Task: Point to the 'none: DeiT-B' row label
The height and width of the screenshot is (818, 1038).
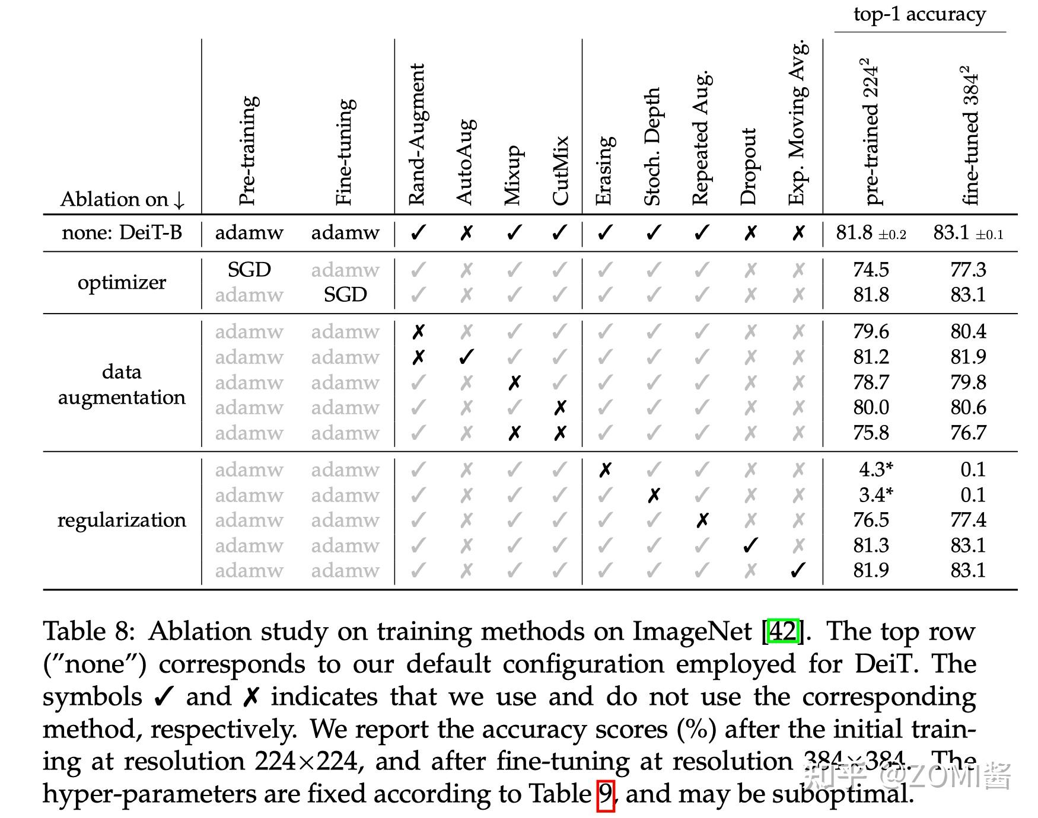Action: (x=122, y=232)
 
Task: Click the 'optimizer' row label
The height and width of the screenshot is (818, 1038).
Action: (x=122, y=282)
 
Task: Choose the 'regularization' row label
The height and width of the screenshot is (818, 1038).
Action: (x=122, y=520)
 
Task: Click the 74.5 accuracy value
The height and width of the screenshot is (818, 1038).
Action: (x=871, y=270)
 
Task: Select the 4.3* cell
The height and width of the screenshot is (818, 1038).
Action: (x=875, y=469)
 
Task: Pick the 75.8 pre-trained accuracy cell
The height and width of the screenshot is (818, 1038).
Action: (x=871, y=433)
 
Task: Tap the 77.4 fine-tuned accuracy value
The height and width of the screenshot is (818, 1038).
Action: (x=968, y=520)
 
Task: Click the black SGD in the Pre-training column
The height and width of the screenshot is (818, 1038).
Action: (x=249, y=270)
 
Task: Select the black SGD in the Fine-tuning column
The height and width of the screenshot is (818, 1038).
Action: (x=345, y=295)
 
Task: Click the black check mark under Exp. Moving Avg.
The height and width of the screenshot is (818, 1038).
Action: (x=798, y=570)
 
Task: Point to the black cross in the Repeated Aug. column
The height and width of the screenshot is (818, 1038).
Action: (x=702, y=520)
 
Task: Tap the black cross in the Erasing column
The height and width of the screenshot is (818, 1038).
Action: (x=604, y=470)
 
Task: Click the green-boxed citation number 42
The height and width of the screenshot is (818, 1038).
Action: (x=782, y=631)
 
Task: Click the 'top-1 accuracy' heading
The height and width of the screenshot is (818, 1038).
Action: (x=919, y=14)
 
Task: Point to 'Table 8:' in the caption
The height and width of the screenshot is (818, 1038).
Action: (x=89, y=631)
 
